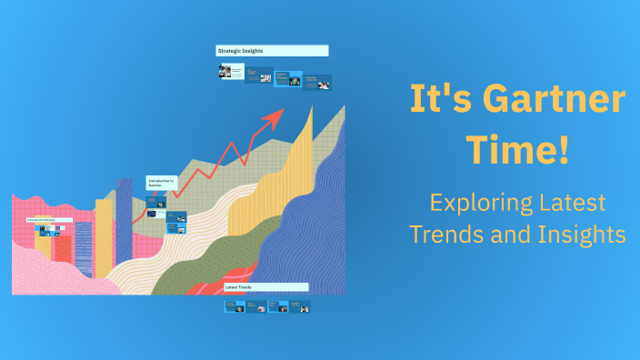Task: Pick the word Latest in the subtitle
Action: (x=570, y=203)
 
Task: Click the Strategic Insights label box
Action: (x=271, y=51)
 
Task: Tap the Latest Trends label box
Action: (x=265, y=287)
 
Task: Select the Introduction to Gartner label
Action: (x=162, y=184)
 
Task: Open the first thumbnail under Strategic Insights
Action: (x=231, y=71)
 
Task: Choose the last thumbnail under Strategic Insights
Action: (x=316, y=82)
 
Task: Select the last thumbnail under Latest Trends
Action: (x=299, y=307)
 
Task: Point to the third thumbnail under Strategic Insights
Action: (x=287, y=78)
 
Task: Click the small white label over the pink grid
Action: (x=40, y=220)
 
